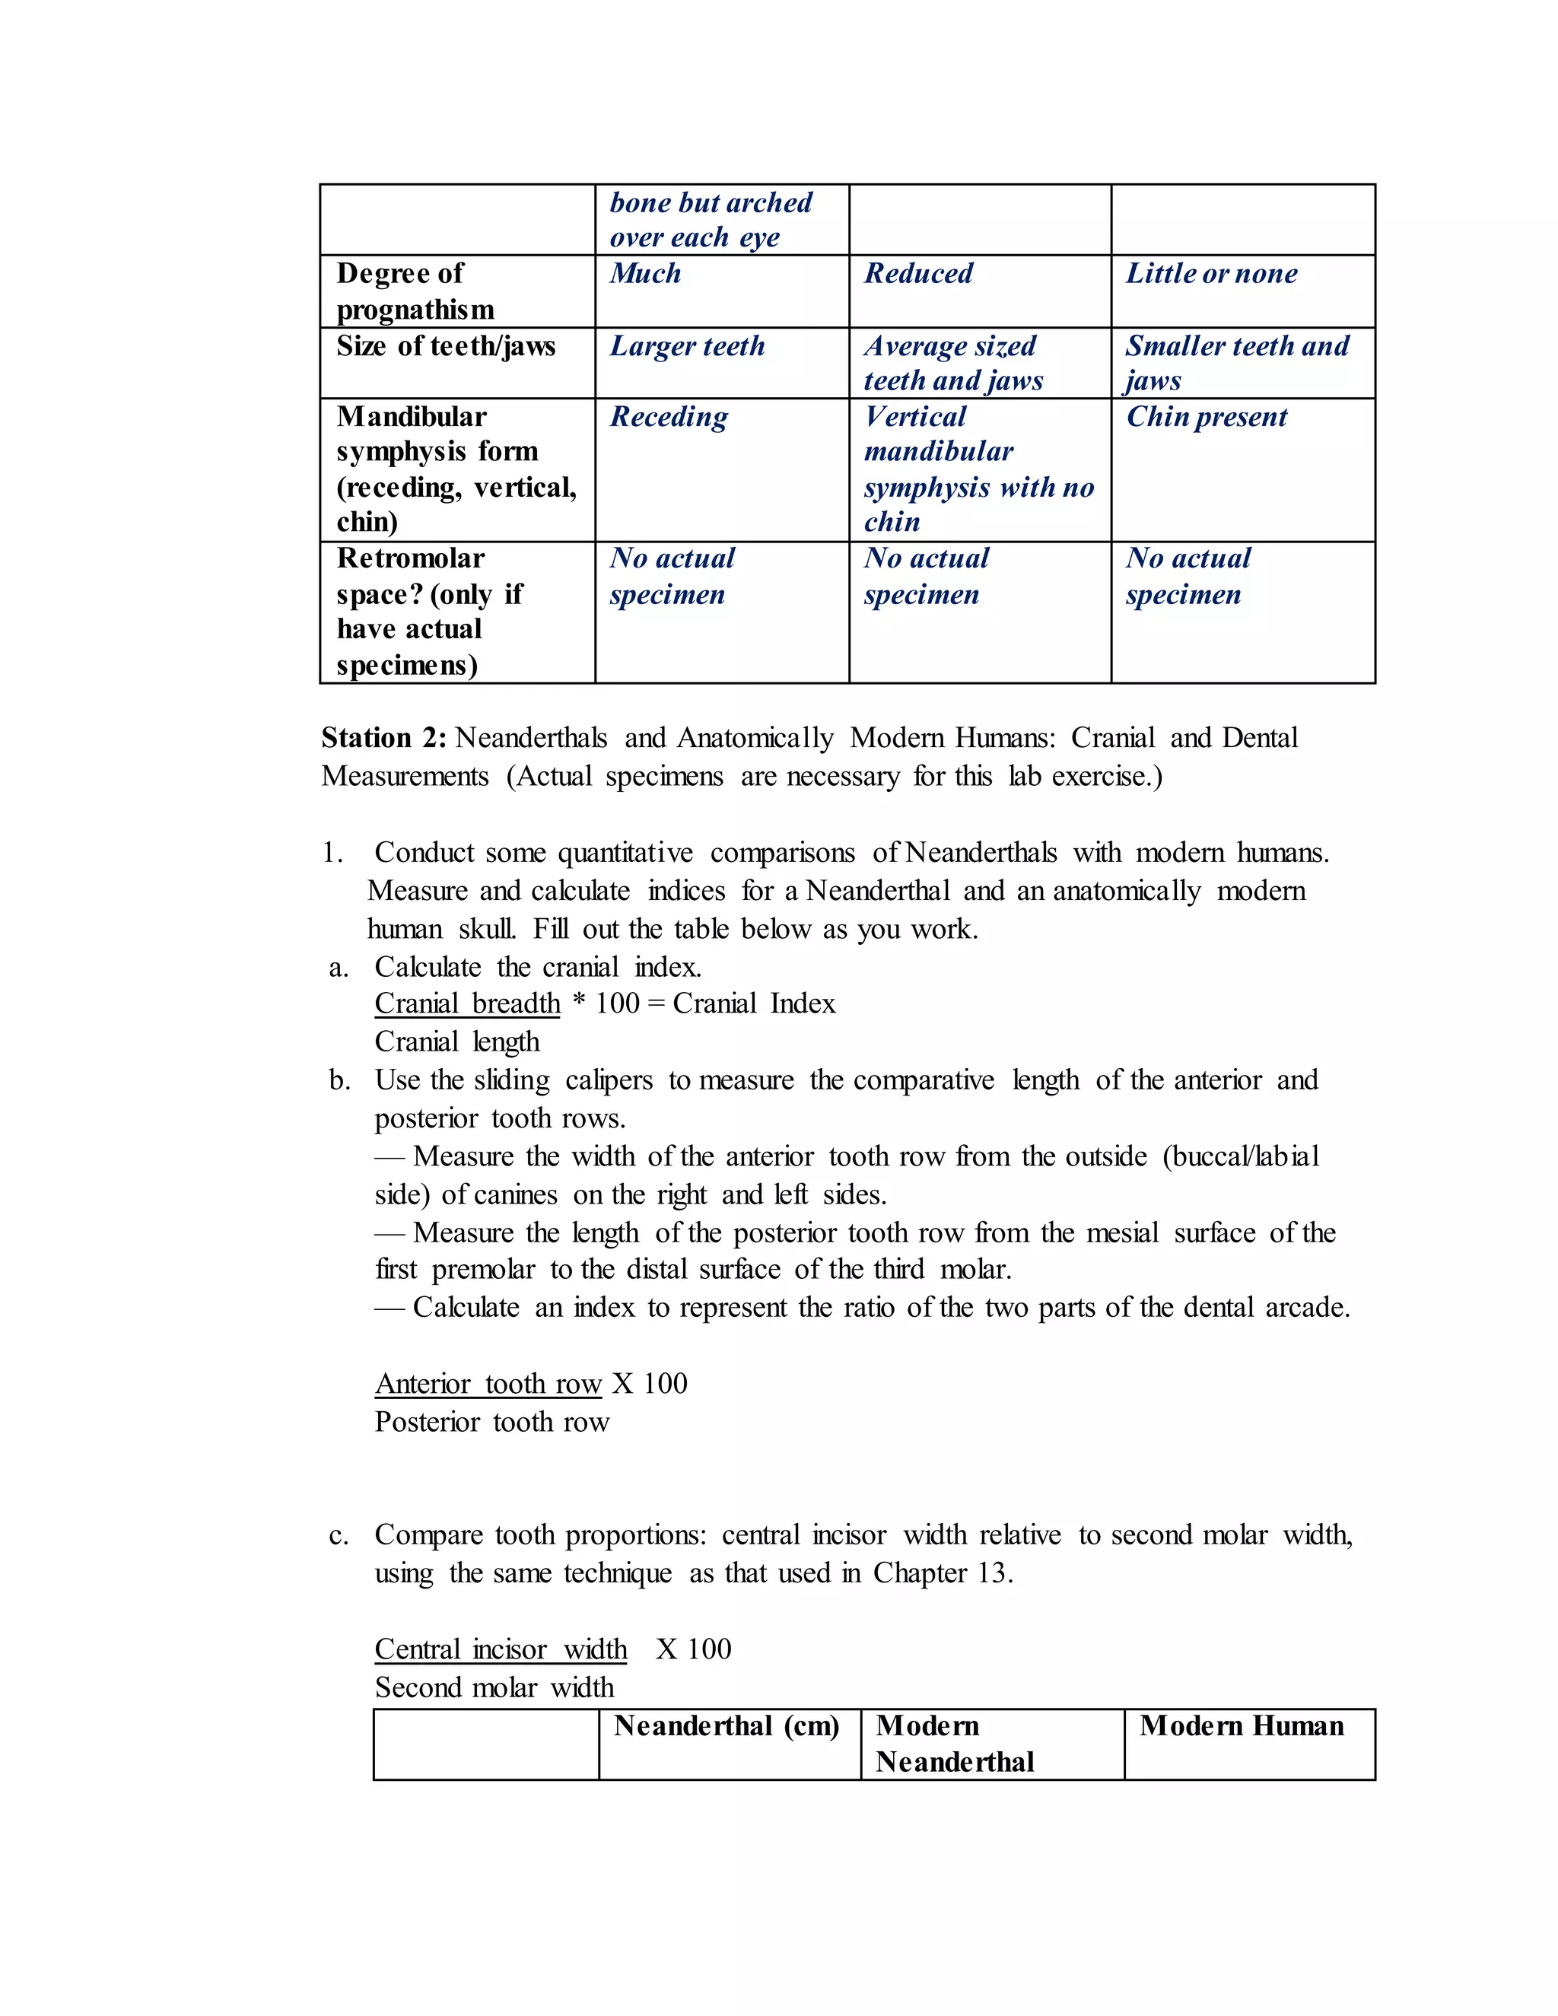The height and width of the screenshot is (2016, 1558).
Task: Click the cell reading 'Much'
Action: (645, 274)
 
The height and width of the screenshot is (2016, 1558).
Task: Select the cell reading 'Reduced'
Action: (918, 274)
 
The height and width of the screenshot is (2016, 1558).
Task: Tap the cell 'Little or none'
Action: (1211, 274)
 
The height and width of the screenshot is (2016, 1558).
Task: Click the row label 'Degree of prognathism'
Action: (415, 291)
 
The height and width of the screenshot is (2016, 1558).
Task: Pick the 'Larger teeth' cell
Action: (688, 346)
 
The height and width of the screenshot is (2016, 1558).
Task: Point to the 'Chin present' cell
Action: (1207, 417)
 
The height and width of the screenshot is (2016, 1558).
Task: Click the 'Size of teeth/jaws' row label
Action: (446, 346)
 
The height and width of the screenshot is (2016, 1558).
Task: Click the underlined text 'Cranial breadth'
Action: (467, 1003)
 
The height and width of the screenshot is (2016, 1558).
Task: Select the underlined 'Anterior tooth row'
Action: (488, 1384)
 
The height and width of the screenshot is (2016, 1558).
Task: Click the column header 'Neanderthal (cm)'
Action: (727, 1726)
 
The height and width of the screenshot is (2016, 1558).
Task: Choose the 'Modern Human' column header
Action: (1242, 1726)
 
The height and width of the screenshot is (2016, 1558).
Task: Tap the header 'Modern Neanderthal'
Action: (955, 1744)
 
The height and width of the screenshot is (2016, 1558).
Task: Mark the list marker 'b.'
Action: (339, 1080)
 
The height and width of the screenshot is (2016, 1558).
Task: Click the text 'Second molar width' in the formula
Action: (494, 1688)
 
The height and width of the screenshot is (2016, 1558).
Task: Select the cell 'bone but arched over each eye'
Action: (711, 220)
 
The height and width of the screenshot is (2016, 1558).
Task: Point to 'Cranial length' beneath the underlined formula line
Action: (457, 1042)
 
